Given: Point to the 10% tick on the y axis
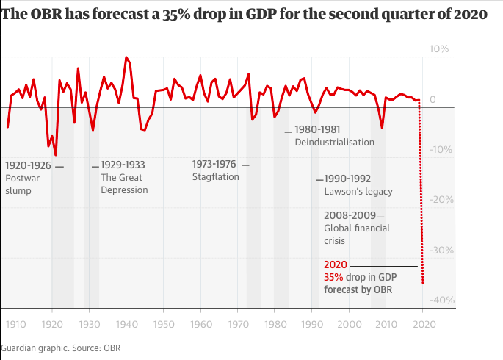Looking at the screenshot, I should [x=439, y=49].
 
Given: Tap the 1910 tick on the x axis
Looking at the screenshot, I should [x=15, y=324].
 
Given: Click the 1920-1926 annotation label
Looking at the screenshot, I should [x=28, y=165].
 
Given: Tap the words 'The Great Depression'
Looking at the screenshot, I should [x=124, y=184].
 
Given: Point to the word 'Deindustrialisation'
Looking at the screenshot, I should [x=334, y=142].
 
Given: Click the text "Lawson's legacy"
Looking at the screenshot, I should [x=358, y=192].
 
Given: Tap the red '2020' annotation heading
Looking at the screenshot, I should [x=335, y=266].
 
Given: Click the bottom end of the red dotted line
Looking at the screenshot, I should [x=423, y=282].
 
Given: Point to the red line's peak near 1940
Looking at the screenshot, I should [x=126, y=57].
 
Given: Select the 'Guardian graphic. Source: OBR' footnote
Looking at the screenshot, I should [x=60, y=347].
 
